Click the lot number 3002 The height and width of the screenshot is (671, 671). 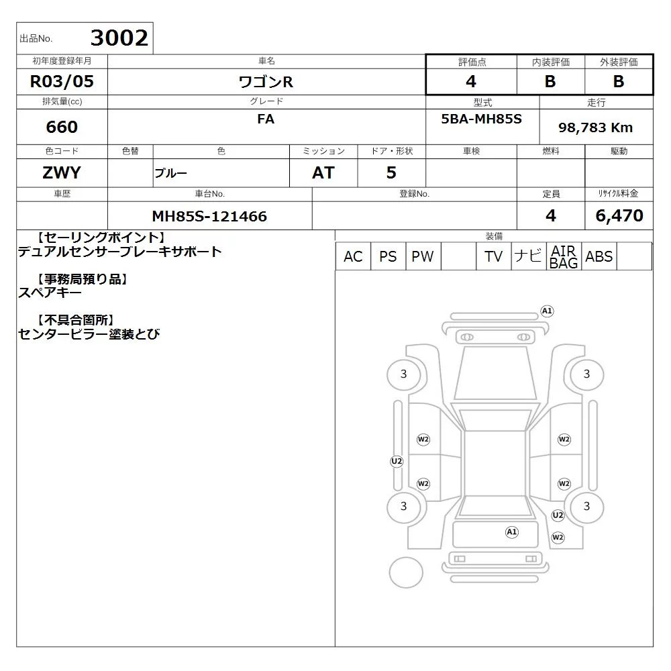tap(119, 38)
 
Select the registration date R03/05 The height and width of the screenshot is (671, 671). tap(62, 81)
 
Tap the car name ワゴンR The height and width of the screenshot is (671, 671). tap(266, 82)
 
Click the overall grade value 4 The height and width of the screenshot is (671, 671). tap(471, 81)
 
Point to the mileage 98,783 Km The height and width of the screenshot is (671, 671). tap(595, 127)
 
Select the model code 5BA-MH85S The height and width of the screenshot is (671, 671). tap(481, 119)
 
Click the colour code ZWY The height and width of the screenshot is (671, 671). tap(62, 173)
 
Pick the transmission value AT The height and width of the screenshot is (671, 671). tap(323, 173)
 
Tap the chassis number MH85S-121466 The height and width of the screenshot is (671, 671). tap(209, 217)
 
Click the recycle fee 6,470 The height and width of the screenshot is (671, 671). tap(619, 215)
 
